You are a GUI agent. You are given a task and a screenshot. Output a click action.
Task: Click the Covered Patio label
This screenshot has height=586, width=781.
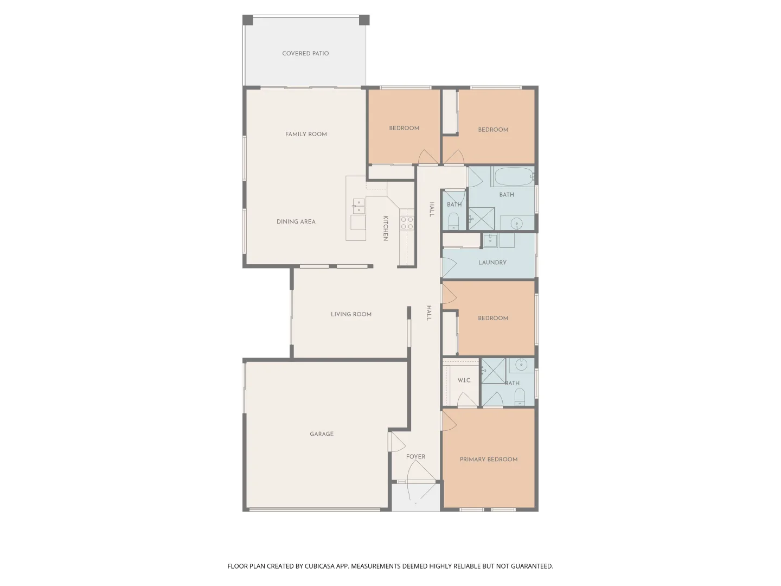pos(305,53)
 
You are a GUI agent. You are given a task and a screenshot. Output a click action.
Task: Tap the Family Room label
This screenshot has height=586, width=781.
pos(306,134)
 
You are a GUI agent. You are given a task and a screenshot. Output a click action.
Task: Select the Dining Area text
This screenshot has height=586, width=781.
pos(296,222)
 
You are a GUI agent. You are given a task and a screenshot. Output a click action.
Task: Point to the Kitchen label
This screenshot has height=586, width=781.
pos(385,228)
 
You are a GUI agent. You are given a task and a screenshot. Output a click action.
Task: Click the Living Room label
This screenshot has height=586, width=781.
pos(351,314)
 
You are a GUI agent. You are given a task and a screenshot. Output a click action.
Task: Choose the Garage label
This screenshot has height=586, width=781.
pos(322,434)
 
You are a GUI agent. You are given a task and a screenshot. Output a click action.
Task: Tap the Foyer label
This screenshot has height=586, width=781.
pos(415,456)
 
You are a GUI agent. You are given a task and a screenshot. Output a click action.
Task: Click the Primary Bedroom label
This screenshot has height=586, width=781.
pos(489,460)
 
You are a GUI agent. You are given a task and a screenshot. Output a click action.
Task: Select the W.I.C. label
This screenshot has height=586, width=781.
pos(464,380)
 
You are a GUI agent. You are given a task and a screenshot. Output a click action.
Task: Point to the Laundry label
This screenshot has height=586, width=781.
pos(492,262)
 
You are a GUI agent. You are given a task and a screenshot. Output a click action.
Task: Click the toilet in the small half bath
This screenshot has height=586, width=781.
pos(453,221)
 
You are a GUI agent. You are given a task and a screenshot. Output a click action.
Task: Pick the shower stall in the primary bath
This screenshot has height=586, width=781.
pos(493,371)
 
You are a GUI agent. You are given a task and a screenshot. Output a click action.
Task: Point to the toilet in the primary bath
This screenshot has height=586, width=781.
pos(520,396)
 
